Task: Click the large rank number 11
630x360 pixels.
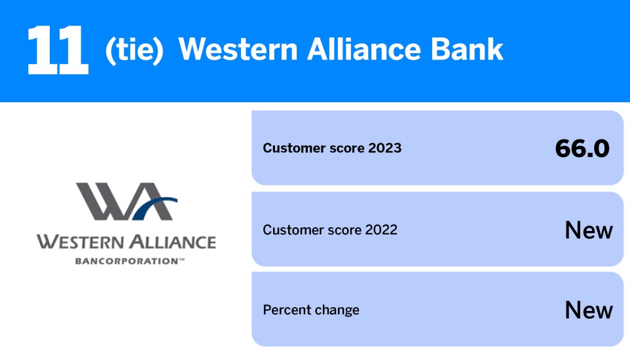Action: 58,50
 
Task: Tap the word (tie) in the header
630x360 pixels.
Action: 134,50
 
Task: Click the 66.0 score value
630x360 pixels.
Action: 582,149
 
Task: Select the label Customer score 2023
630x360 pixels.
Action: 332,148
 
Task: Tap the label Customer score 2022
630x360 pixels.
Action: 330,230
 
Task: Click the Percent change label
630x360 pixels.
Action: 311,310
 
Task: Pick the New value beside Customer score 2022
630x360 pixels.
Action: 589,230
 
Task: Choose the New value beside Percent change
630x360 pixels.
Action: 589,310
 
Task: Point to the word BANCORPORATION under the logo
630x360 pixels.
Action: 122,261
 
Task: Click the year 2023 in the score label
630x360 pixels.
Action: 384,148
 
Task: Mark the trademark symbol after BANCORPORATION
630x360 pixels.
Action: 174,260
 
